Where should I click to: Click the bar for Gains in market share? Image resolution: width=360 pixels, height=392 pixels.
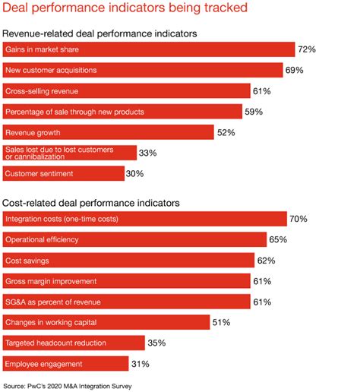148,49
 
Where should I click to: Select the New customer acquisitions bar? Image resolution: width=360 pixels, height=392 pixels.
141,70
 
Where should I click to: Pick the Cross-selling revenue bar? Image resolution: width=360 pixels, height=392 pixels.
126,90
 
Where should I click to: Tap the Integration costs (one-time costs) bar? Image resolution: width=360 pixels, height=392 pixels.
144,220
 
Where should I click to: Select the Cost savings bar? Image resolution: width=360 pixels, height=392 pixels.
128,261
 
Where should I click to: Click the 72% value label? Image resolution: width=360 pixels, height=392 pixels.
306,49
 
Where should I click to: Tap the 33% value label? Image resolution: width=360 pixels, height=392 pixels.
148,153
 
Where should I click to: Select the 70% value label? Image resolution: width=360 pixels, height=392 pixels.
298,220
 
